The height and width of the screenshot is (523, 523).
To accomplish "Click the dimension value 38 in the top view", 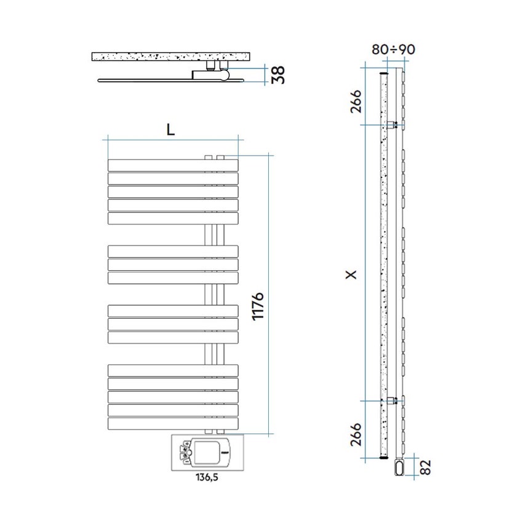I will coord(277,74).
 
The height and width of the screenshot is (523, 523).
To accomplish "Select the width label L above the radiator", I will coord(170,129).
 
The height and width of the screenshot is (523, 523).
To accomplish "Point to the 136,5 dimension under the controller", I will coord(198,476).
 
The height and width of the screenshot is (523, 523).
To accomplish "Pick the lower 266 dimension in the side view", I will coord(356,433).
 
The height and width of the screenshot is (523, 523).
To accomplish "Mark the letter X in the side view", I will coord(351,275).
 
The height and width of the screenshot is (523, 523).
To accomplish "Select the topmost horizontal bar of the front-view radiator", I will coord(172,165).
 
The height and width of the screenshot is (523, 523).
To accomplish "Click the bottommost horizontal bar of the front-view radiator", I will coord(172,424).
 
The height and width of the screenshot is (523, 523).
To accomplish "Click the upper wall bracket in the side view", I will coord(391,125).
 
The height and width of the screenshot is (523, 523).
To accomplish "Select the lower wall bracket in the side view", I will coord(391,401).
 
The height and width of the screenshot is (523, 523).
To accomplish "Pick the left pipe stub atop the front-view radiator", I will coord(208,158).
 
